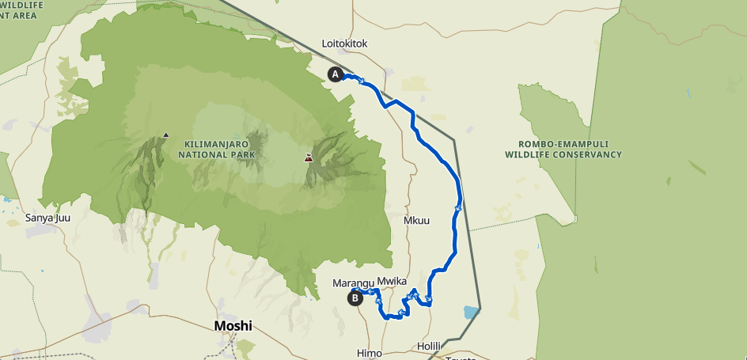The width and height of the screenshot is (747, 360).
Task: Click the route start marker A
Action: [x=335, y=74]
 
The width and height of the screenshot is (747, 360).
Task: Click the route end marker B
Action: [x=355, y=297]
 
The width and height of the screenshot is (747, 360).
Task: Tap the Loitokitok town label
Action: [x=345, y=44]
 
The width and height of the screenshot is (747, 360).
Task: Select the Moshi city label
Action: [x=233, y=326]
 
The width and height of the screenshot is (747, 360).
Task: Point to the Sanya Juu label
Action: [x=48, y=218]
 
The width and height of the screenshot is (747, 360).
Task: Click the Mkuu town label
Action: [x=416, y=220]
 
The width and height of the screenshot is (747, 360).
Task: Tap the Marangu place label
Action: [x=353, y=282]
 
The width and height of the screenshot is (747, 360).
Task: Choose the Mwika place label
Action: [x=391, y=281]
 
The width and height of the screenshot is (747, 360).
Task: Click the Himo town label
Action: [x=370, y=352]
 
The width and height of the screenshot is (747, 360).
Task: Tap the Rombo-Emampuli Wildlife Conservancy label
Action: [x=563, y=150]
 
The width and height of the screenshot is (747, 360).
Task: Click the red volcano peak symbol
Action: [x=308, y=158]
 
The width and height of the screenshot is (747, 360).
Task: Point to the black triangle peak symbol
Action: [x=165, y=135]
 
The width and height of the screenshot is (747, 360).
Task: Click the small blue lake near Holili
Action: [x=472, y=312]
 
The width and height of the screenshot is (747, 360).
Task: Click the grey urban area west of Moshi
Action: [x=99, y=325]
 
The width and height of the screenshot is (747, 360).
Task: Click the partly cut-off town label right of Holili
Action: [x=461, y=357]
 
